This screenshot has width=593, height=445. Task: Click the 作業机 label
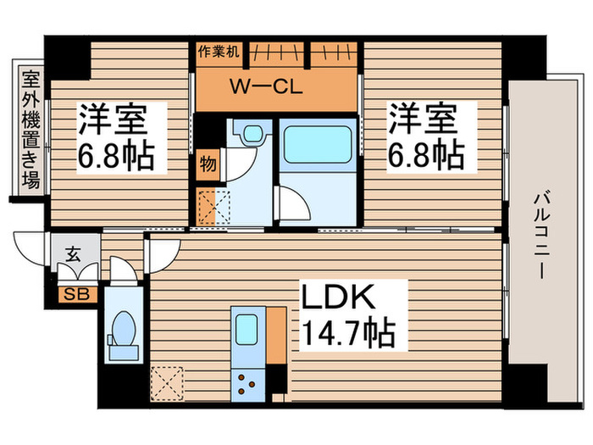click(219, 51)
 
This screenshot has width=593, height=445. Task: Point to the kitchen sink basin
click(247, 328)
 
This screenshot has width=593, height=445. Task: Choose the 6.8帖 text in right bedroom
click(427, 154)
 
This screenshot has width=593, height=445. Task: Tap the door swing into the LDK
click(163, 251)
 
